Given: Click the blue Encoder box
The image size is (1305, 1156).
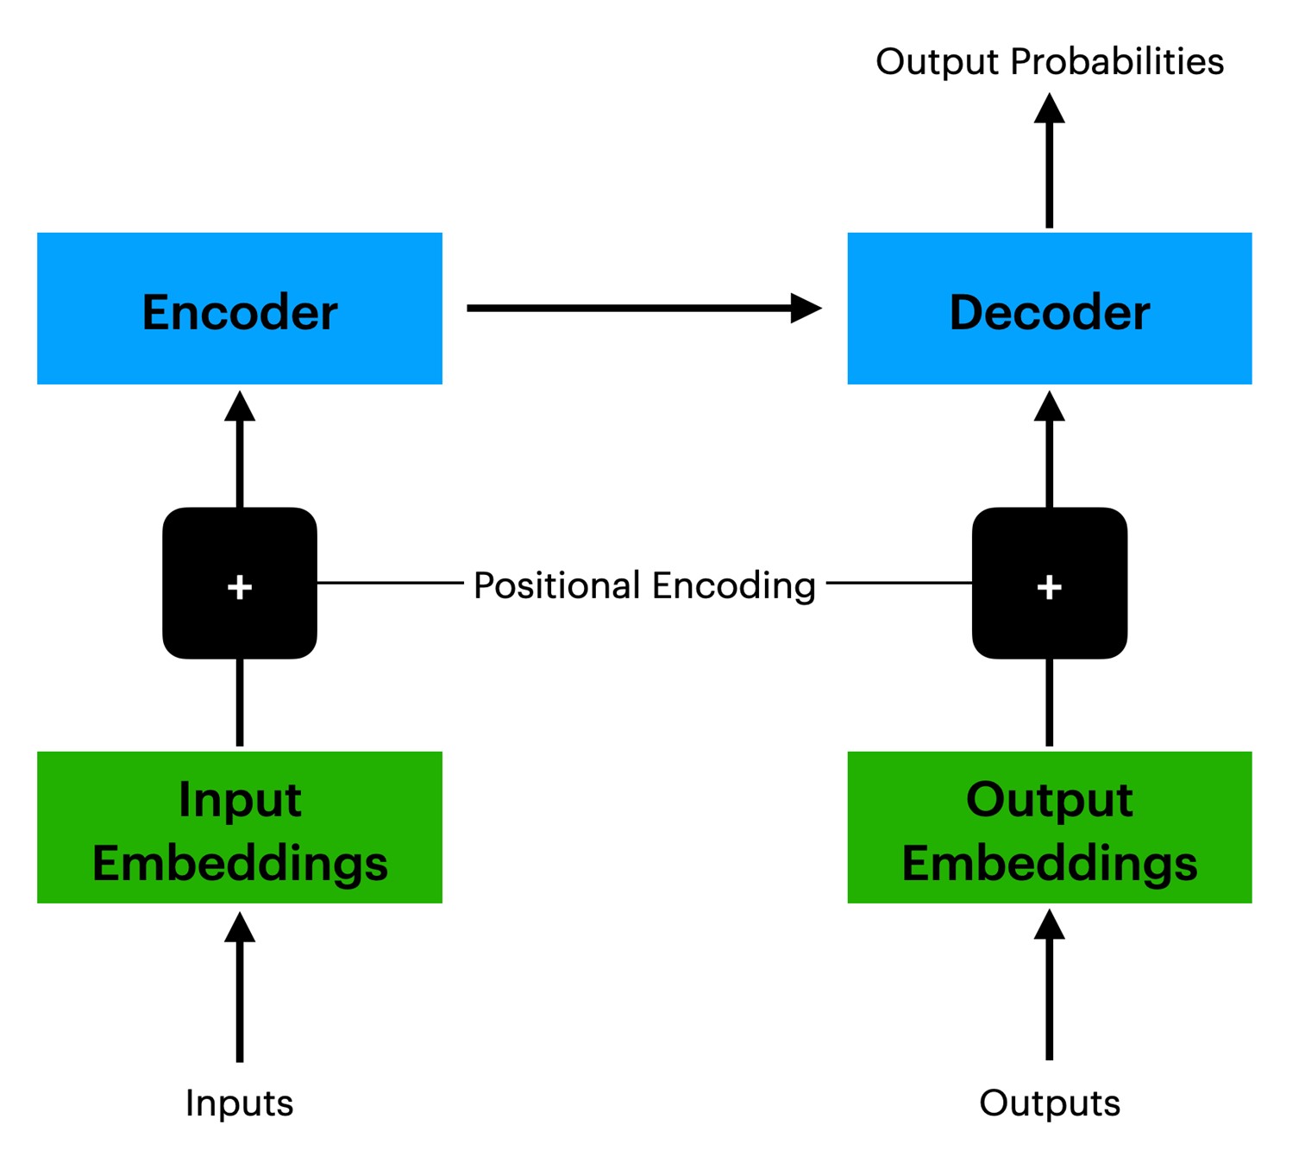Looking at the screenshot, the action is click(x=240, y=309).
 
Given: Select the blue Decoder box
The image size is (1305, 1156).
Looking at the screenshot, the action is click(x=1050, y=309).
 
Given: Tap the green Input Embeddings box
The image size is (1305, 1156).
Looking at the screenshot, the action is click(x=240, y=827).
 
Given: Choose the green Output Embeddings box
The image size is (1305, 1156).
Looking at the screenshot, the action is click(x=1050, y=827).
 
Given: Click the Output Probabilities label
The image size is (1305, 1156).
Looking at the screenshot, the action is click(x=1050, y=62).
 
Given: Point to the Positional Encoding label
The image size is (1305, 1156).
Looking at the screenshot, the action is click(x=645, y=585).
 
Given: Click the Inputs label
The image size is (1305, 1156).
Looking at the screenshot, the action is click(x=240, y=1104).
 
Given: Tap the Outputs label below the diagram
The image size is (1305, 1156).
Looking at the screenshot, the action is click(x=1050, y=1104).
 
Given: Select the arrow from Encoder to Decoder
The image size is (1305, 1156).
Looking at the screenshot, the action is click(x=644, y=309).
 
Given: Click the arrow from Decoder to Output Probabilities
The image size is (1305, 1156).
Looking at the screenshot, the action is click(x=1050, y=160).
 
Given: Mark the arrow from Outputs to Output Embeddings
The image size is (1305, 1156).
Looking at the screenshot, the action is click(x=1050, y=984).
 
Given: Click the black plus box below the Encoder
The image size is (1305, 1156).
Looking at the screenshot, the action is click(x=240, y=583).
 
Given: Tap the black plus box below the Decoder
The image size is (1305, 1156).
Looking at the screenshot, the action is click(x=1050, y=583).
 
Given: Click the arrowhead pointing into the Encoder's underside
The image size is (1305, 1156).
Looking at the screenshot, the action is click(x=240, y=407).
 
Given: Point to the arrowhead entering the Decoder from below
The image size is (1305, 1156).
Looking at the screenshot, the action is click(x=1050, y=407).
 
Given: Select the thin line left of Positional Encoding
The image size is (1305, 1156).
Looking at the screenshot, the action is click(x=391, y=583).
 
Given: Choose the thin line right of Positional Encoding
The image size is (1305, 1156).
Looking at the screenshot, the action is click(x=900, y=583).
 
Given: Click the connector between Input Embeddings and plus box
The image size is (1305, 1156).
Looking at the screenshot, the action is click(x=240, y=703).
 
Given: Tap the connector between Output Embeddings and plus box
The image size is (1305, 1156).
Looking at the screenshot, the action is click(x=1050, y=703).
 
